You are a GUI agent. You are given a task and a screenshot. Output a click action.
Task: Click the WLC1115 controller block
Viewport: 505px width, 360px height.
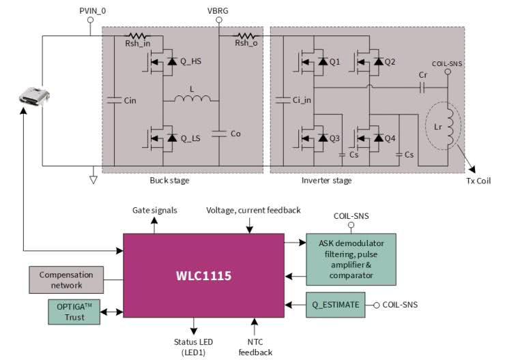(x=203, y=276)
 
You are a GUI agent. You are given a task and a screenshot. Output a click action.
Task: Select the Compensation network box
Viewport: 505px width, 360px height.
(x=66, y=280)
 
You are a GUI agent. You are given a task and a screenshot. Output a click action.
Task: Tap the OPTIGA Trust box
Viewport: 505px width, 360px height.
(x=74, y=313)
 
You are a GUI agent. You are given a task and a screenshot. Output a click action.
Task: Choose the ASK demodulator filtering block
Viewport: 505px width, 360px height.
(x=350, y=259)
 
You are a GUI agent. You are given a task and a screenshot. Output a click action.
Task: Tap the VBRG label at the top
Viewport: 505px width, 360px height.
(x=218, y=10)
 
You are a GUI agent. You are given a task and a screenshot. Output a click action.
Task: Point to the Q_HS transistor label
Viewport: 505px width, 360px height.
(x=190, y=61)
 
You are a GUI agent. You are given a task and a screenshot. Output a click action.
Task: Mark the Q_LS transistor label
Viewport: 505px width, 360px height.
(x=190, y=138)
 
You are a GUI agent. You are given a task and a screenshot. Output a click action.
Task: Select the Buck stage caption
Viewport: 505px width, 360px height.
(x=169, y=181)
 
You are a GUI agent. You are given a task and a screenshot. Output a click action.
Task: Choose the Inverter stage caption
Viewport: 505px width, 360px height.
(x=327, y=181)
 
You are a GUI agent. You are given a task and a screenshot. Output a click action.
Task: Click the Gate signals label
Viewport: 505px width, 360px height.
(x=155, y=211)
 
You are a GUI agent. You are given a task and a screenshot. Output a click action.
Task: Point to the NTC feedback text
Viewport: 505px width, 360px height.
(x=255, y=346)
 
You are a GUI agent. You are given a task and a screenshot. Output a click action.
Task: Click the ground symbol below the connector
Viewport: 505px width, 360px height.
(x=93, y=179)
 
